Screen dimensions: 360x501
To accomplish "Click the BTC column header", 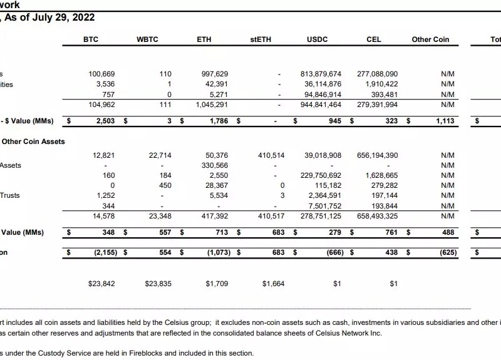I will point(91,39).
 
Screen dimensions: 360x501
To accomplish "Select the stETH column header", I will point(261,39).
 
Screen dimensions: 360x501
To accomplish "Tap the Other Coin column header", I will point(430,39).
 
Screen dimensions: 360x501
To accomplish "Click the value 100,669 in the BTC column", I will point(101,74).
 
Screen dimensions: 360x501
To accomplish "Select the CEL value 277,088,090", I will point(377,74).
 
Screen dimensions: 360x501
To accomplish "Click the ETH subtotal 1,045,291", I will point(211,105).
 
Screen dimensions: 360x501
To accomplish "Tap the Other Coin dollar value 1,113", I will point(445,121).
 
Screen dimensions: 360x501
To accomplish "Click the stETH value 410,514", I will point(271,155).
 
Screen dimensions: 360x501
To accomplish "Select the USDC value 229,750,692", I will point(321,175).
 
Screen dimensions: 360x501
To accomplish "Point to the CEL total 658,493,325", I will point(377,216).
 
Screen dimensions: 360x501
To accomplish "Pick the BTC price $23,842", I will point(102,284).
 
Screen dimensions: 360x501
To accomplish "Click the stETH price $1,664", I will point(273,284).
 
